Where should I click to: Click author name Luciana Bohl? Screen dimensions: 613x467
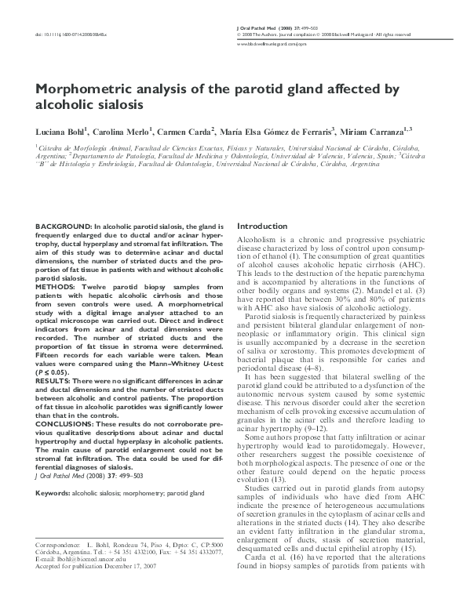click(62, 130)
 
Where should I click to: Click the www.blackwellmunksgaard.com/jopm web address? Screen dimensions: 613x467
click(271, 45)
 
